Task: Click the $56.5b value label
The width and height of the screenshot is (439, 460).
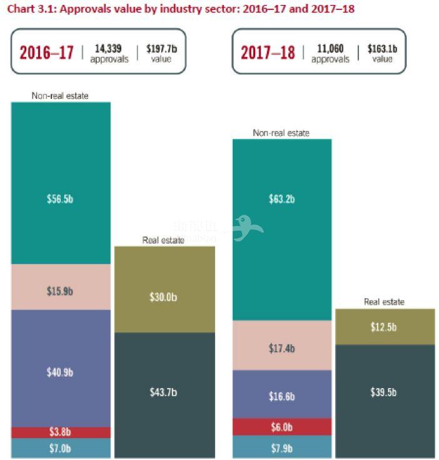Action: [x=60, y=199]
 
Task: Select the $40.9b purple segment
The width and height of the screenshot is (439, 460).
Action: [x=60, y=372]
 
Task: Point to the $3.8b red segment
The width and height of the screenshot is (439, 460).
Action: [x=60, y=432]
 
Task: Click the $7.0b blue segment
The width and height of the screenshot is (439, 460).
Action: [x=60, y=448]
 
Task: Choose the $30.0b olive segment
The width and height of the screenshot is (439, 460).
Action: [x=164, y=297]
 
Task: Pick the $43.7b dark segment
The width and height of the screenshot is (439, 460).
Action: [x=164, y=392]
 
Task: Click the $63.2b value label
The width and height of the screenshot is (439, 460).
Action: [x=281, y=199]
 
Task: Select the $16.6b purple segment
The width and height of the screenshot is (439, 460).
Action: [x=281, y=396]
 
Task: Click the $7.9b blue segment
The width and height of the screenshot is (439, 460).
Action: [x=281, y=448]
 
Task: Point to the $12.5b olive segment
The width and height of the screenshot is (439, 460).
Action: [x=385, y=327]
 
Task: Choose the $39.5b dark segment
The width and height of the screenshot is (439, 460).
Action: [x=385, y=392]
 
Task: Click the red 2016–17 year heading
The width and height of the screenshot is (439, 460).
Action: [x=46, y=52]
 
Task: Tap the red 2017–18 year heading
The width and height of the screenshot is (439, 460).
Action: [x=268, y=52]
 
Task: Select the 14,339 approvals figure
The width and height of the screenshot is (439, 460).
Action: [x=109, y=48]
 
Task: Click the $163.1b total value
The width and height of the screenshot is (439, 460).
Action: [x=383, y=48]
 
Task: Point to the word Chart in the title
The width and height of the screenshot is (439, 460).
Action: [x=21, y=9]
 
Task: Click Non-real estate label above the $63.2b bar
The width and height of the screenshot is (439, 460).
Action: [x=281, y=133]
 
